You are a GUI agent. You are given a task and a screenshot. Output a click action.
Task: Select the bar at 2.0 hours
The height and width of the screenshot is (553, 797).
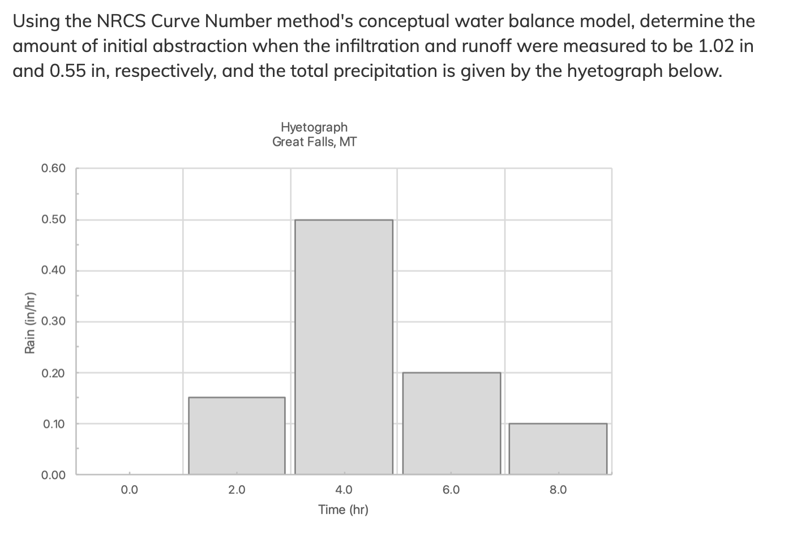pyautogui.click(x=237, y=435)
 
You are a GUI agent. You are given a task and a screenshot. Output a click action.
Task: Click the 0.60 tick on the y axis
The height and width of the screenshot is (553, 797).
pyautogui.click(x=54, y=169)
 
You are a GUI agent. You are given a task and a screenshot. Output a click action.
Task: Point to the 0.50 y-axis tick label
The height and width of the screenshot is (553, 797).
pyautogui.click(x=54, y=219)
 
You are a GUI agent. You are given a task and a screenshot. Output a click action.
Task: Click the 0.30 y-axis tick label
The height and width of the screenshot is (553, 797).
pyautogui.click(x=54, y=322)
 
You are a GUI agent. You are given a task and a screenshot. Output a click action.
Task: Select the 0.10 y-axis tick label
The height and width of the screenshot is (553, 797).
pyautogui.click(x=54, y=424)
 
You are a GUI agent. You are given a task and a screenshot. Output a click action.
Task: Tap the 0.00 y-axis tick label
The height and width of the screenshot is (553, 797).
pyautogui.click(x=54, y=475)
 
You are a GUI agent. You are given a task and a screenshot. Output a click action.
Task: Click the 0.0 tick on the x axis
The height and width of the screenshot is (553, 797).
pyautogui.click(x=129, y=490)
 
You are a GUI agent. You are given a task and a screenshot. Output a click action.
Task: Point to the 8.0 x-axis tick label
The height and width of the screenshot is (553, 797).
pyautogui.click(x=558, y=490)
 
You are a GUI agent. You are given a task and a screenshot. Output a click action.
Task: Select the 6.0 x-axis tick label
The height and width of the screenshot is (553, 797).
pyautogui.click(x=451, y=490)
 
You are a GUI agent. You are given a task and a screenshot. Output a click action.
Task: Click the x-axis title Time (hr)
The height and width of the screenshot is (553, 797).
pyautogui.click(x=343, y=510)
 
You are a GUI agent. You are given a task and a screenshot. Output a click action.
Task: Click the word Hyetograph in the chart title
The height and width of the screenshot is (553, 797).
pyautogui.click(x=314, y=127)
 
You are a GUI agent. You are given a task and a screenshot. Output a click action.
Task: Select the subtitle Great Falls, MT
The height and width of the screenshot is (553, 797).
pyautogui.click(x=314, y=142)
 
